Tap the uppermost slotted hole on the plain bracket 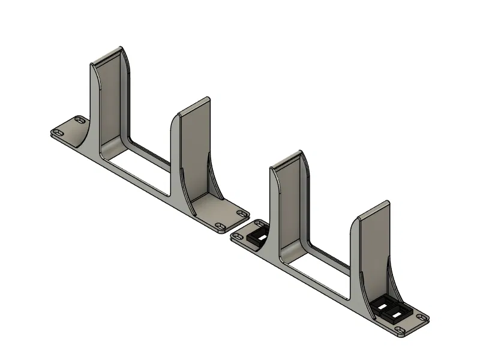click(x=79, y=119)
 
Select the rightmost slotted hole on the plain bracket click(x=242, y=213)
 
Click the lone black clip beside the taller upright click(x=259, y=233)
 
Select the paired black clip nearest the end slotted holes click(x=397, y=314)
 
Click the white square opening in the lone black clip click(x=262, y=232)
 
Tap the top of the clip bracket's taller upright click(x=287, y=158)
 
